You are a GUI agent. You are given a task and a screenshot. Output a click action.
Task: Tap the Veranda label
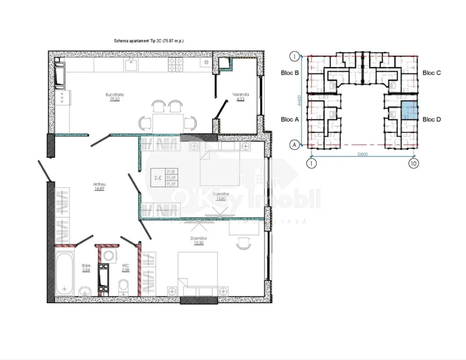point(238,95)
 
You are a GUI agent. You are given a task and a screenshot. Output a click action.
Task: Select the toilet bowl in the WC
point(123,284)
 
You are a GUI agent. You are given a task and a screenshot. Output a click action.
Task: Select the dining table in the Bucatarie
point(166,119)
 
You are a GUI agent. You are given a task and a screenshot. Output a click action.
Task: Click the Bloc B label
point(289,73)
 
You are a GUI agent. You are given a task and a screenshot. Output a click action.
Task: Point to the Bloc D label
point(431,119)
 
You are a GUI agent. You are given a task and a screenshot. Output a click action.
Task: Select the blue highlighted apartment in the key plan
point(409,110)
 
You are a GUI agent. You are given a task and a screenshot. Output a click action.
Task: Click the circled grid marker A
point(294,145)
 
